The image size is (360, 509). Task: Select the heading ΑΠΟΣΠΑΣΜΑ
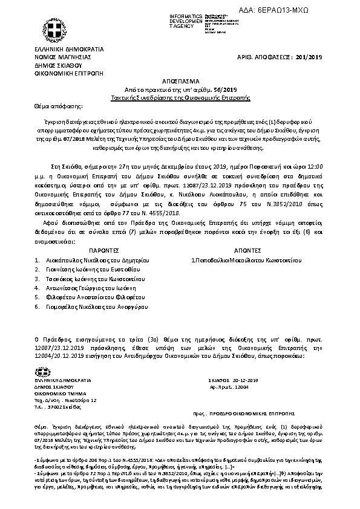[x=179, y=80]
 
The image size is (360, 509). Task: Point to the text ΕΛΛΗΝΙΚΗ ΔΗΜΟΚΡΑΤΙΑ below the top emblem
[x=68, y=48]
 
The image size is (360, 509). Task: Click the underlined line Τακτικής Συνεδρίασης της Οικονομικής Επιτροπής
[x=179, y=97]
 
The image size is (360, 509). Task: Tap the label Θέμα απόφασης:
[x=53, y=105]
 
